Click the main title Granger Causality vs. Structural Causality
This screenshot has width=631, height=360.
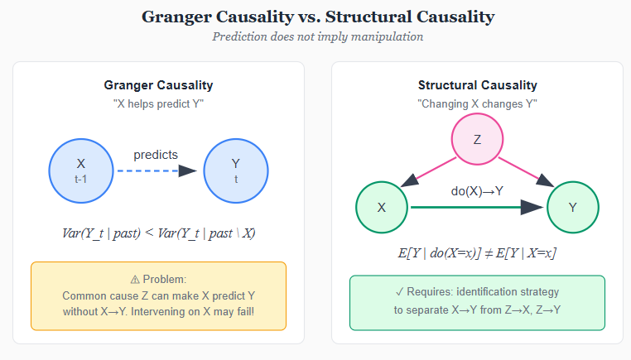coord(315,17)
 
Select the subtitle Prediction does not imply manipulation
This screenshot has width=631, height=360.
coord(315,36)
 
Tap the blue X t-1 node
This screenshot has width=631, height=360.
coord(81,170)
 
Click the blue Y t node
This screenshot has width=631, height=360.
coord(235,170)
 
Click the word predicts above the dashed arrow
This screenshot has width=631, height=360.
coord(156,155)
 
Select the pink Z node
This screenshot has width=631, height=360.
coord(477,139)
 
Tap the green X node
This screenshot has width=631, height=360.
coord(382,207)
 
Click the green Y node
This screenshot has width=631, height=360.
coord(573,207)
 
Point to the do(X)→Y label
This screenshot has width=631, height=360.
coord(477,191)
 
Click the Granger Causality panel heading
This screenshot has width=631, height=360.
coord(158,85)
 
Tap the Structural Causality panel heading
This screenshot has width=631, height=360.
coord(477,85)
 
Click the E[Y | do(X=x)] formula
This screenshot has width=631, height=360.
coord(477,252)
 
